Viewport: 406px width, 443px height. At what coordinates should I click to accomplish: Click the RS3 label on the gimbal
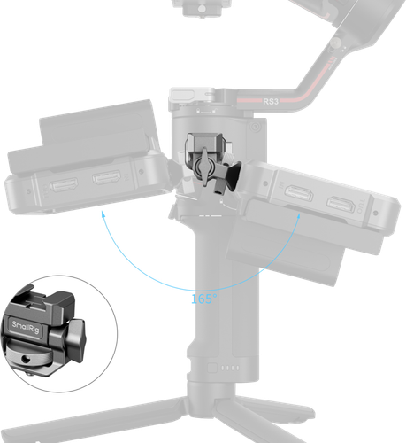[272, 102]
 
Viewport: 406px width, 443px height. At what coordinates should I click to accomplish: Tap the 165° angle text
[203, 299]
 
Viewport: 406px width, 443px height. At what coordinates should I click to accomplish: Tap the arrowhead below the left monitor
[103, 212]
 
